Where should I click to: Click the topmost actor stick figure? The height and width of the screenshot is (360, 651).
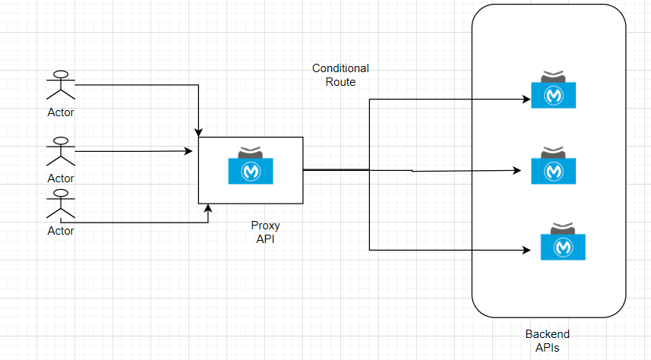61,86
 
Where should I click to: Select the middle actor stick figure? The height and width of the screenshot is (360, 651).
61,153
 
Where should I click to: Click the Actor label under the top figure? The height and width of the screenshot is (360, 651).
61,112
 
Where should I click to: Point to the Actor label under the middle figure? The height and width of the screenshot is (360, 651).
61,178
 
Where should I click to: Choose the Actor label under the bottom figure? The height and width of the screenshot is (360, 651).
61,231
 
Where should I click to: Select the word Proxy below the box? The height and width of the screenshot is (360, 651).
264,226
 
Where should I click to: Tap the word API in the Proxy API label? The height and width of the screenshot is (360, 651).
264,238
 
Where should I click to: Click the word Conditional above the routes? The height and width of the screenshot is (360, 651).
340,68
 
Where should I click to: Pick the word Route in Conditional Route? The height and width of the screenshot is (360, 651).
340,81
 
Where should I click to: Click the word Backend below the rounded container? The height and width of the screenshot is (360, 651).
547,334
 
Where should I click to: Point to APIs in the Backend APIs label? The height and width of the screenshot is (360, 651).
547,347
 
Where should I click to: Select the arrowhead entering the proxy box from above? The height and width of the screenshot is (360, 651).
198,132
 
